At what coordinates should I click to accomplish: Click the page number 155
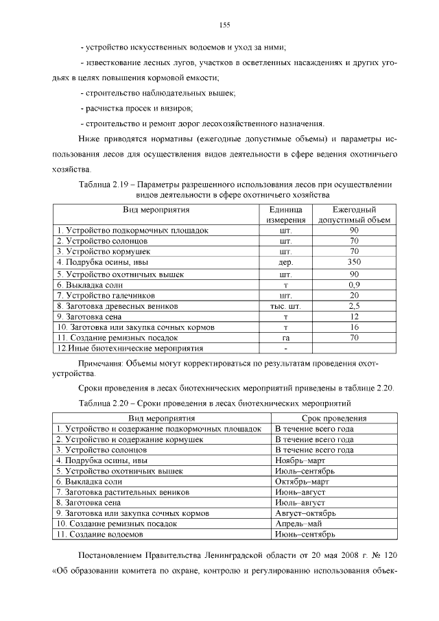[x=224, y=25]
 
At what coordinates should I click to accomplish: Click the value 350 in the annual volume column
[x=354, y=262]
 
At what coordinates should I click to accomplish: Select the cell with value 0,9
[x=354, y=284]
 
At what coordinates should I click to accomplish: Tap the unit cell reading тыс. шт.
[x=286, y=306]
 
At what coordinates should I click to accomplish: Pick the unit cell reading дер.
[x=286, y=262]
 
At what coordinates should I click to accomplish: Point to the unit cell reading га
[x=286, y=338]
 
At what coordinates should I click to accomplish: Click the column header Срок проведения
[x=333, y=418]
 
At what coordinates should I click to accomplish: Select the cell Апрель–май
[x=296, y=524]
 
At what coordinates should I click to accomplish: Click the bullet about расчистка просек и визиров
[x=137, y=108]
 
